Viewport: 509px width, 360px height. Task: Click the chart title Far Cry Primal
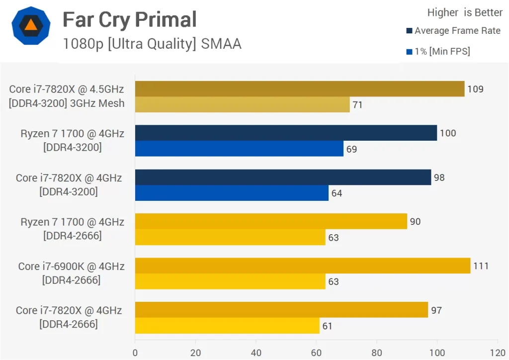129,20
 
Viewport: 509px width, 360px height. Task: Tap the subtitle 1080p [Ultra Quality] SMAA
152,44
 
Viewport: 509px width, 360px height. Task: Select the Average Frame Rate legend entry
453,31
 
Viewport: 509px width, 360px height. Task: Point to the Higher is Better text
458,12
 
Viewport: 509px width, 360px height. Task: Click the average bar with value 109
299,89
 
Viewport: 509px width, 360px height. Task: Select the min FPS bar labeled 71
242,104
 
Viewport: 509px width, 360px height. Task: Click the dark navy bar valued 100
286,133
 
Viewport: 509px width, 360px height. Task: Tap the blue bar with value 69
239,149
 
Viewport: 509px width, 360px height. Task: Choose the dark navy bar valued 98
283,177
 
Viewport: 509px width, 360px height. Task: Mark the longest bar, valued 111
302,266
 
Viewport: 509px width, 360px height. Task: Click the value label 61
327,326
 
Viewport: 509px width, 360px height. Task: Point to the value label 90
415,221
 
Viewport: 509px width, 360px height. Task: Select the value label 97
436,310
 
